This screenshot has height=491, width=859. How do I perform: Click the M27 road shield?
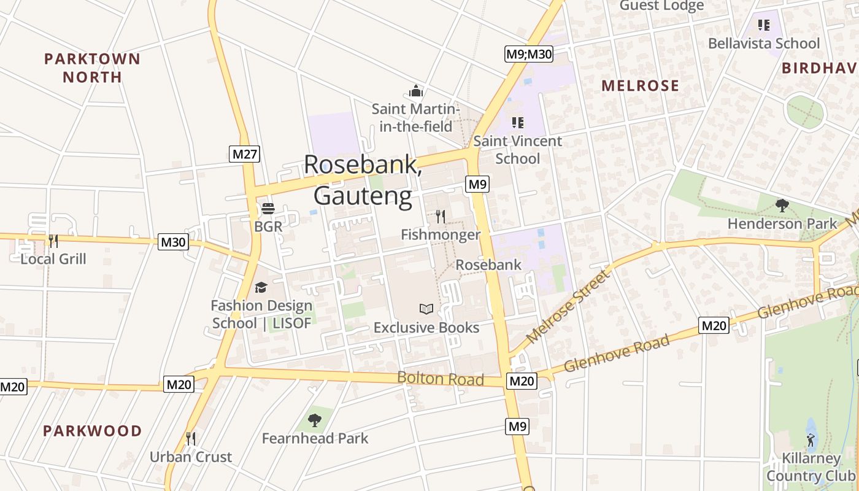[245, 153]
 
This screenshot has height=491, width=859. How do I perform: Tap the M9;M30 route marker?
[529, 54]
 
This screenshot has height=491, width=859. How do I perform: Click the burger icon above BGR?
[268, 209]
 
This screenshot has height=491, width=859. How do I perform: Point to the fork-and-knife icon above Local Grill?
[53, 241]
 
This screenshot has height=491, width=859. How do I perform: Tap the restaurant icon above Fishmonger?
[440, 216]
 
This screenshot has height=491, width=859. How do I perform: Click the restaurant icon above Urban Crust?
[191, 438]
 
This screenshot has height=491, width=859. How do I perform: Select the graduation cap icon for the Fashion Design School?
[261, 287]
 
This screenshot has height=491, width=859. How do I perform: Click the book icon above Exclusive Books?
[426, 309]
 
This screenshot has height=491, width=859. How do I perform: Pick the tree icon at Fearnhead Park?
[315, 420]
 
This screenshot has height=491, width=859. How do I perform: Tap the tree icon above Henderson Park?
[782, 205]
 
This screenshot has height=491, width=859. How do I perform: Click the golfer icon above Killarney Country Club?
[811, 440]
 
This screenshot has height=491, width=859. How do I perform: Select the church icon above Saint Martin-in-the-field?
[416, 91]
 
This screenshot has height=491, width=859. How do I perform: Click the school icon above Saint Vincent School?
[518, 123]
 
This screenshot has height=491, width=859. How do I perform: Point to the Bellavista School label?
[763, 43]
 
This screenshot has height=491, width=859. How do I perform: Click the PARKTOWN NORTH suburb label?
[92, 68]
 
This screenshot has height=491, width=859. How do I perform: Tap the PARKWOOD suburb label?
[92, 431]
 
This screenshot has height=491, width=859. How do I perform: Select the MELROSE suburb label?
[640, 85]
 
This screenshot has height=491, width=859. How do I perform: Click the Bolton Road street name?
[441, 378]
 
